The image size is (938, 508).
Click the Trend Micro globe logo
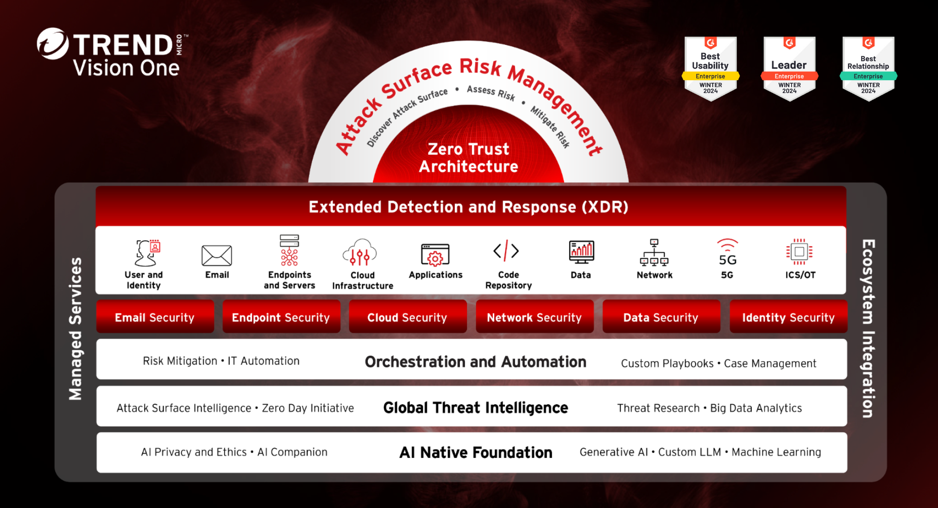point(52,44)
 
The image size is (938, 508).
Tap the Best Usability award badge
point(711,69)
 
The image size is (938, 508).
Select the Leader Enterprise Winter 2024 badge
point(789,69)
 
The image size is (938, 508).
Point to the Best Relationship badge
point(869,69)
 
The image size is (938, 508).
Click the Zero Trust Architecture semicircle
point(468,148)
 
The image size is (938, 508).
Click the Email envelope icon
point(217,255)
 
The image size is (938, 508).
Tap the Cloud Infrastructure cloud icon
point(360,252)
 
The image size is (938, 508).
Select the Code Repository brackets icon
point(506,251)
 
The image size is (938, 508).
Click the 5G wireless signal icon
point(728,252)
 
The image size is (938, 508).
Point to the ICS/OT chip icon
point(799,252)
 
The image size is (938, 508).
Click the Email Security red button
point(155,317)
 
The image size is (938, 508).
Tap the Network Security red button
point(535,317)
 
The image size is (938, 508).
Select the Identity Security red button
point(788,317)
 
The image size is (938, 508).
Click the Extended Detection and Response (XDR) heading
point(468,207)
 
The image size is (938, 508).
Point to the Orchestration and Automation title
point(476,362)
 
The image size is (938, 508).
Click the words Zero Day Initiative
point(308,408)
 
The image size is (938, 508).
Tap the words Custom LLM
point(690,452)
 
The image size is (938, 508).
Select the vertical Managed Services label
point(76,329)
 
